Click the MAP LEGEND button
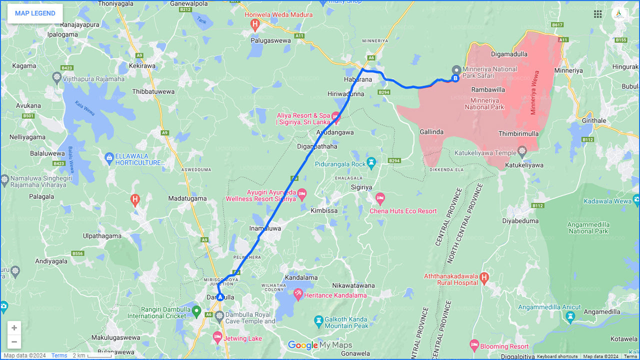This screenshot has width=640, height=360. pos(35,13)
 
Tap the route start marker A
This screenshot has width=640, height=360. pos(219,297)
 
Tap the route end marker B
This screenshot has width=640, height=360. pos(455,78)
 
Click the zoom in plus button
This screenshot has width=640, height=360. pos(14,328)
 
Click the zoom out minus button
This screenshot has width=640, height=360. pos(14,342)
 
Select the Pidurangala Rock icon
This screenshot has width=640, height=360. pos(371,162)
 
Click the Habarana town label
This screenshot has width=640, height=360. pos(358,79)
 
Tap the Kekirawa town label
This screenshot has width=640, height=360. pos(142,66)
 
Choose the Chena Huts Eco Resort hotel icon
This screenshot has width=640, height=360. pos(380,198)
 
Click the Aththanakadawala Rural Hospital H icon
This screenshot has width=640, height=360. pos(484,277)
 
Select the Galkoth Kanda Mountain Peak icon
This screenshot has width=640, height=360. pos(318,320)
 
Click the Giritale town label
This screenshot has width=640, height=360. pos(594,121)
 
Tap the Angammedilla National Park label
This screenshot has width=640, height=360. pos(588,228)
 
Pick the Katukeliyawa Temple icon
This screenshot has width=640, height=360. pos(522,150)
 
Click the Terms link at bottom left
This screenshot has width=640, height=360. pos(59,355)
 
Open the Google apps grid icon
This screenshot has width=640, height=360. pos(598,14)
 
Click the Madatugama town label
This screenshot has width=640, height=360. pos(187,198)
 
